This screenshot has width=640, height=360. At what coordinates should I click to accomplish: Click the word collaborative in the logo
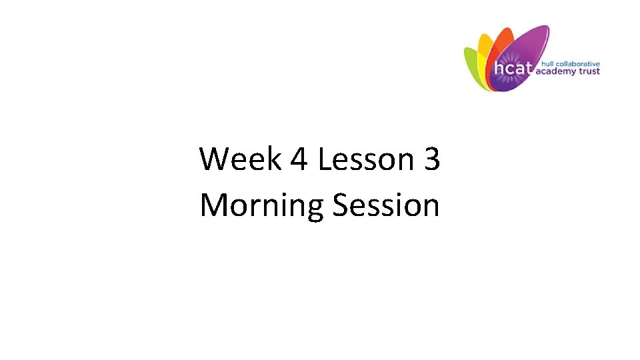[577, 63]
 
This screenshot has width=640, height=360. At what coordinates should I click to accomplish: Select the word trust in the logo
[591, 71]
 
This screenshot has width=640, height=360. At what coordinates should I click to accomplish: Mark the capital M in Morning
[214, 205]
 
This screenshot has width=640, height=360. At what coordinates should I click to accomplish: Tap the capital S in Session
[340, 205]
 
